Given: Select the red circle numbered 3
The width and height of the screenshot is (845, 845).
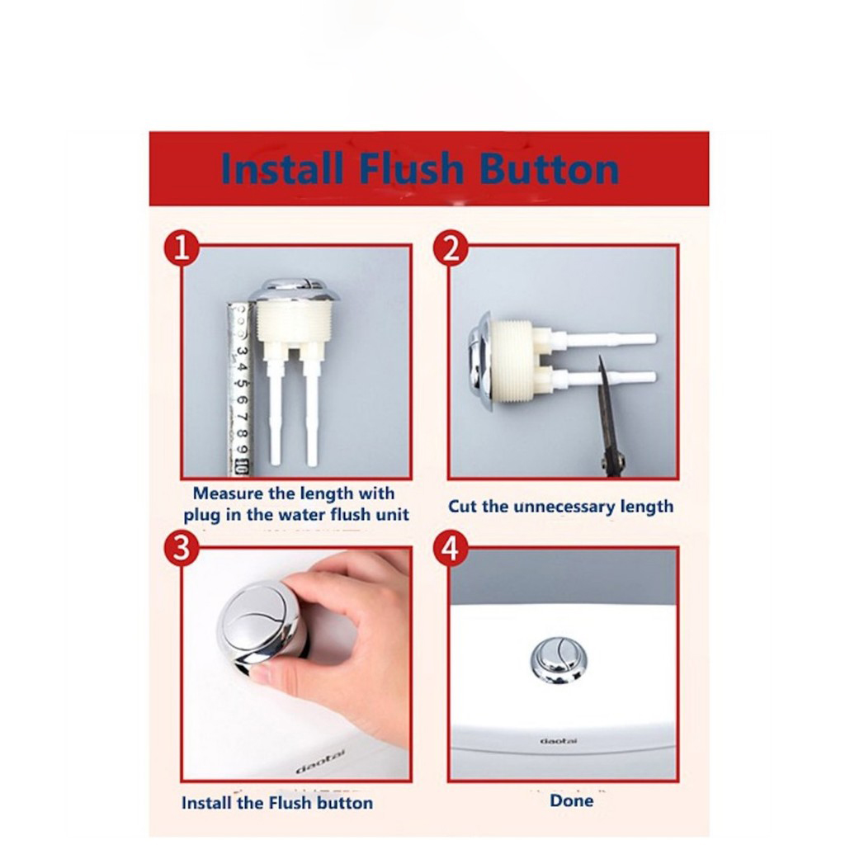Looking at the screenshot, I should [182, 549].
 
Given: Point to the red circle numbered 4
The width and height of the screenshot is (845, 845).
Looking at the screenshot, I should [451, 549].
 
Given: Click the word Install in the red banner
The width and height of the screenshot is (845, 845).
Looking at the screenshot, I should [281, 168].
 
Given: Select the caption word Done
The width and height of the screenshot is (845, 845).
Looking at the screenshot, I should [571, 800].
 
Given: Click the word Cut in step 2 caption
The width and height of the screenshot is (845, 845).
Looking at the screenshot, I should [462, 506].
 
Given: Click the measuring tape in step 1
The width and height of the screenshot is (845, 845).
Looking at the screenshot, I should [240, 388].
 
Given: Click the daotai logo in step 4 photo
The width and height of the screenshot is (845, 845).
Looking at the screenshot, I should [558, 740].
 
